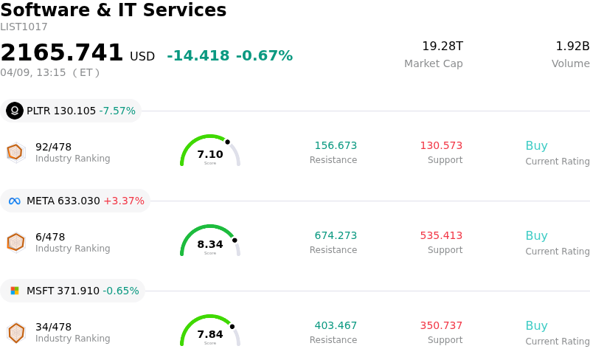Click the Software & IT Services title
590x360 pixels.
click(x=114, y=10)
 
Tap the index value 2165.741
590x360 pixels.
click(x=62, y=53)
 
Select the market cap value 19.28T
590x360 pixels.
click(x=442, y=46)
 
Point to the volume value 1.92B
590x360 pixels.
click(x=572, y=46)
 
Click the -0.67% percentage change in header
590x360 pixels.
click(x=264, y=56)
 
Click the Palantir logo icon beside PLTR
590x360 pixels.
click(x=15, y=111)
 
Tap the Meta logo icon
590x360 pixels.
click(x=15, y=201)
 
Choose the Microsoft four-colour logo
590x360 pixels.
click(x=15, y=291)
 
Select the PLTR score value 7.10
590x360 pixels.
click(x=210, y=154)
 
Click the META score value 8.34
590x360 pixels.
click(x=210, y=244)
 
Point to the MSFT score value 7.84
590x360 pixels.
click(x=210, y=334)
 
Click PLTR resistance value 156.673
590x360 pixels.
click(x=336, y=146)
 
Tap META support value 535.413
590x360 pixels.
click(x=441, y=236)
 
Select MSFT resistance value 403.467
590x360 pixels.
click(x=336, y=326)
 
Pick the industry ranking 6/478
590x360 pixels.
click(x=50, y=237)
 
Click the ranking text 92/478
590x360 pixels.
click(x=53, y=147)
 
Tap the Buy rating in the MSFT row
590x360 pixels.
click(x=536, y=326)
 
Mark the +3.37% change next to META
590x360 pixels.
click(x=124, y=201)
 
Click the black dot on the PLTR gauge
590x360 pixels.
click(x=227, y=142)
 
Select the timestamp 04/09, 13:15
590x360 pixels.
click(x=33, y=72)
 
